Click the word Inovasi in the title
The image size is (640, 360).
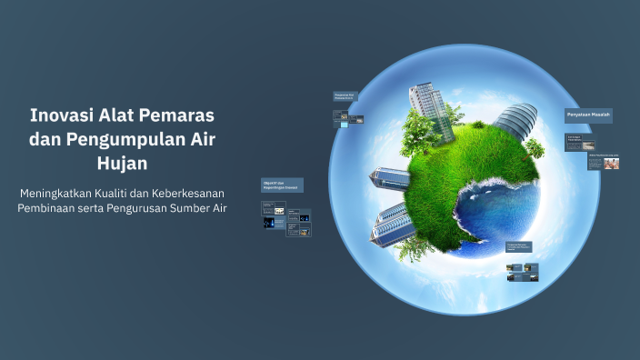(x=60, y=117)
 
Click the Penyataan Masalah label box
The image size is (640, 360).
(x=588, y=115)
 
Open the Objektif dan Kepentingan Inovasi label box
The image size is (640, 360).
(x=282, y=185)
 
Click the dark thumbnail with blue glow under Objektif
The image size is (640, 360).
(x=271, y=222)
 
